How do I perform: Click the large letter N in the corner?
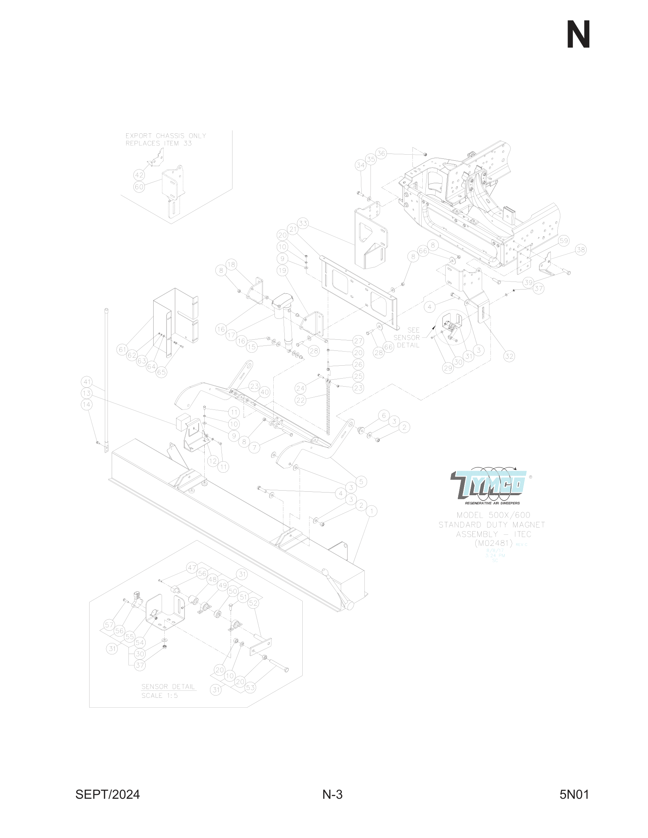coord(578,35)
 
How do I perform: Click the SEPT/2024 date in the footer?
coord(107,794)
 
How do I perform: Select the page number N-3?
coord(332,794)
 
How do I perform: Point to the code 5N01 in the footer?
coord(574,794)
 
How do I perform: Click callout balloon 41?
coord(87,382)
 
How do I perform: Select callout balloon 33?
coord(303,223)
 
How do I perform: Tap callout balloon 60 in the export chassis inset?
coord(139,187)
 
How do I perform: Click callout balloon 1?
coord(371,511)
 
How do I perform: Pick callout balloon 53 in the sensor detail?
coord(250,688)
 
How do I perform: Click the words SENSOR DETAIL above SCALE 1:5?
coord(168,686)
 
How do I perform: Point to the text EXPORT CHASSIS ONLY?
coord(166,136)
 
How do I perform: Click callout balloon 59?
coord(563,241)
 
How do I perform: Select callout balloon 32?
coord(509,356)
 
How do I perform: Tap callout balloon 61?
coord(122,350)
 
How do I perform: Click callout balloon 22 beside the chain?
coord(300,400)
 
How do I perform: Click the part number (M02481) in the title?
coord(494,543)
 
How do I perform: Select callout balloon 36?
coord(381,154)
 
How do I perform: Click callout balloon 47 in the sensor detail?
coord(192,568)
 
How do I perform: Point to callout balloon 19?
coord(282,270)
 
